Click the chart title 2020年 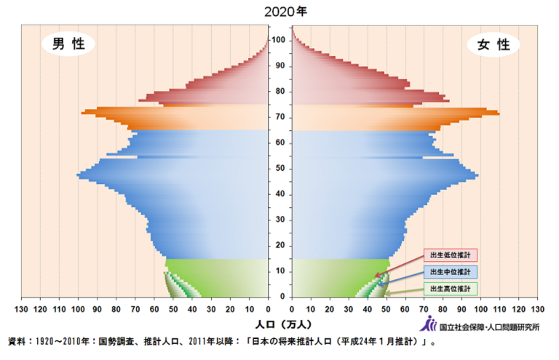[x=279, y=11]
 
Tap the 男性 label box [x=68, y=44]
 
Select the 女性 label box [x=493, y=44]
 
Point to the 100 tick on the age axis [x=279, y=40]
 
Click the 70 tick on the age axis [x=279, y=117]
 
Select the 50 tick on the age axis [x=279, y=169]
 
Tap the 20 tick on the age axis [x=279, y=246]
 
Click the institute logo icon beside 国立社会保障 [x=430, y=324]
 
